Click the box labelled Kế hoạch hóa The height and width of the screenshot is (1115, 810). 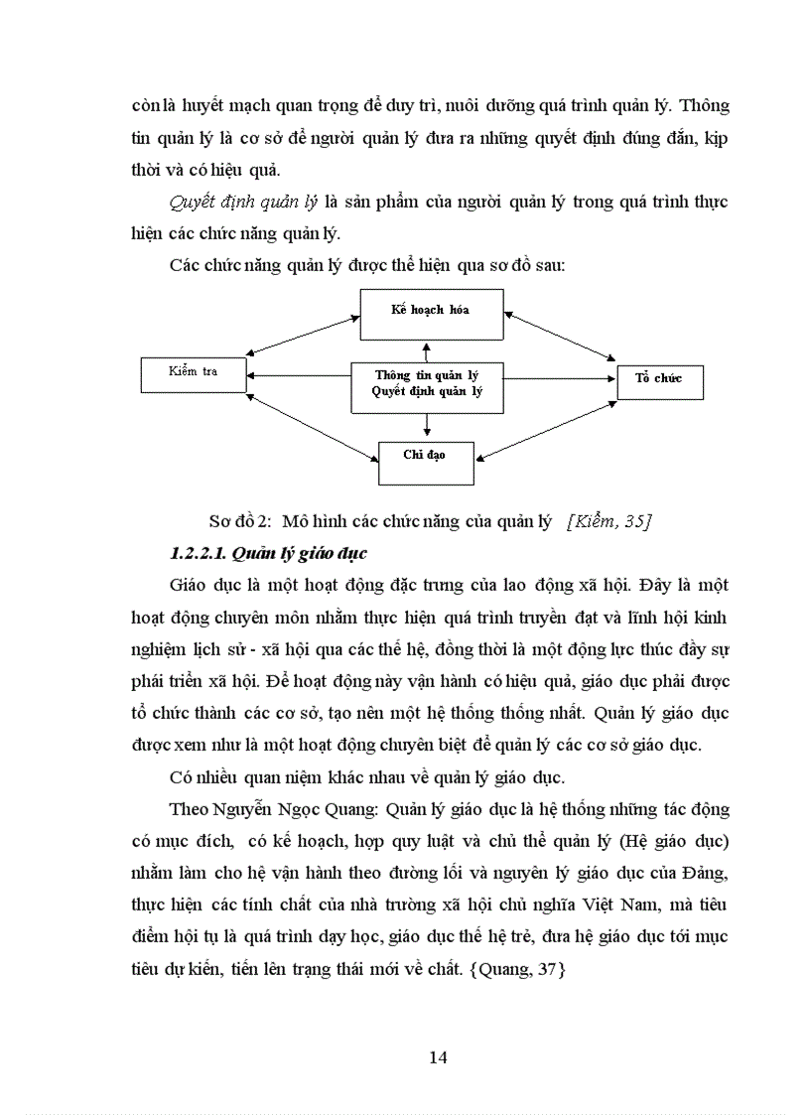(431, 311)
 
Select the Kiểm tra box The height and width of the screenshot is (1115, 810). (194, 373)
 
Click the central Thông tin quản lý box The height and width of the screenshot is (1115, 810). (428, 384)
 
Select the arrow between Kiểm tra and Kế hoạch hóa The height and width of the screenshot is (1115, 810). (303, 335)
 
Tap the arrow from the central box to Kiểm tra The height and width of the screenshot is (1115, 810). (300, 375)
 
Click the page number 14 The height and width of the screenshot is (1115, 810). (438, 1056)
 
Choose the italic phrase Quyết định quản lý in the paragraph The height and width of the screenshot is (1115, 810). (243, 203)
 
